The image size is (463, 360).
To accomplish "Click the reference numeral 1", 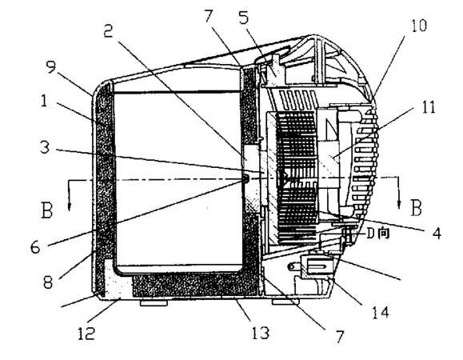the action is coord(44,101).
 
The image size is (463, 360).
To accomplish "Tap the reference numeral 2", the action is coord(109,30).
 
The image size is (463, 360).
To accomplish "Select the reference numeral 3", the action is coord(45,146).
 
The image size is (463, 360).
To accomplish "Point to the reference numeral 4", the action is coord(437,233).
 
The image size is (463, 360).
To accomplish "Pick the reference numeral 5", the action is coord(244,18).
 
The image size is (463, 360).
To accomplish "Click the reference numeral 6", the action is coord(35,247).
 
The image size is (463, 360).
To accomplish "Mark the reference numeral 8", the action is coord(48,282).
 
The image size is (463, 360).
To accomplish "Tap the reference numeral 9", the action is coord(51,67).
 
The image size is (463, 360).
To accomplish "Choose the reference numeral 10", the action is coord(419,26).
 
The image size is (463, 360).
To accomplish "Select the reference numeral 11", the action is coord(429,107).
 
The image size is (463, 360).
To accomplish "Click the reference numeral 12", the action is coord(86,333).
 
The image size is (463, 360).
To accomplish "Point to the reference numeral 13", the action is coord(261,333).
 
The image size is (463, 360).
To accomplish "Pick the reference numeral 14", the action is coord(381,313).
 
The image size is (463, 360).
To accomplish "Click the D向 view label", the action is coord(378,234).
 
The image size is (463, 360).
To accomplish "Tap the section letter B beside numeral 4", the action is coord(416,208).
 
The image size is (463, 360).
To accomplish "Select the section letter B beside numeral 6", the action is coord(47,210).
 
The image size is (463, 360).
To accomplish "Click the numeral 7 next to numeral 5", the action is coord(209,16).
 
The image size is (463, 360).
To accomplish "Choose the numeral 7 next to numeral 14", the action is coord(340,337).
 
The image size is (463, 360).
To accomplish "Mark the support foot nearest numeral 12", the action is coord(154,302).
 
